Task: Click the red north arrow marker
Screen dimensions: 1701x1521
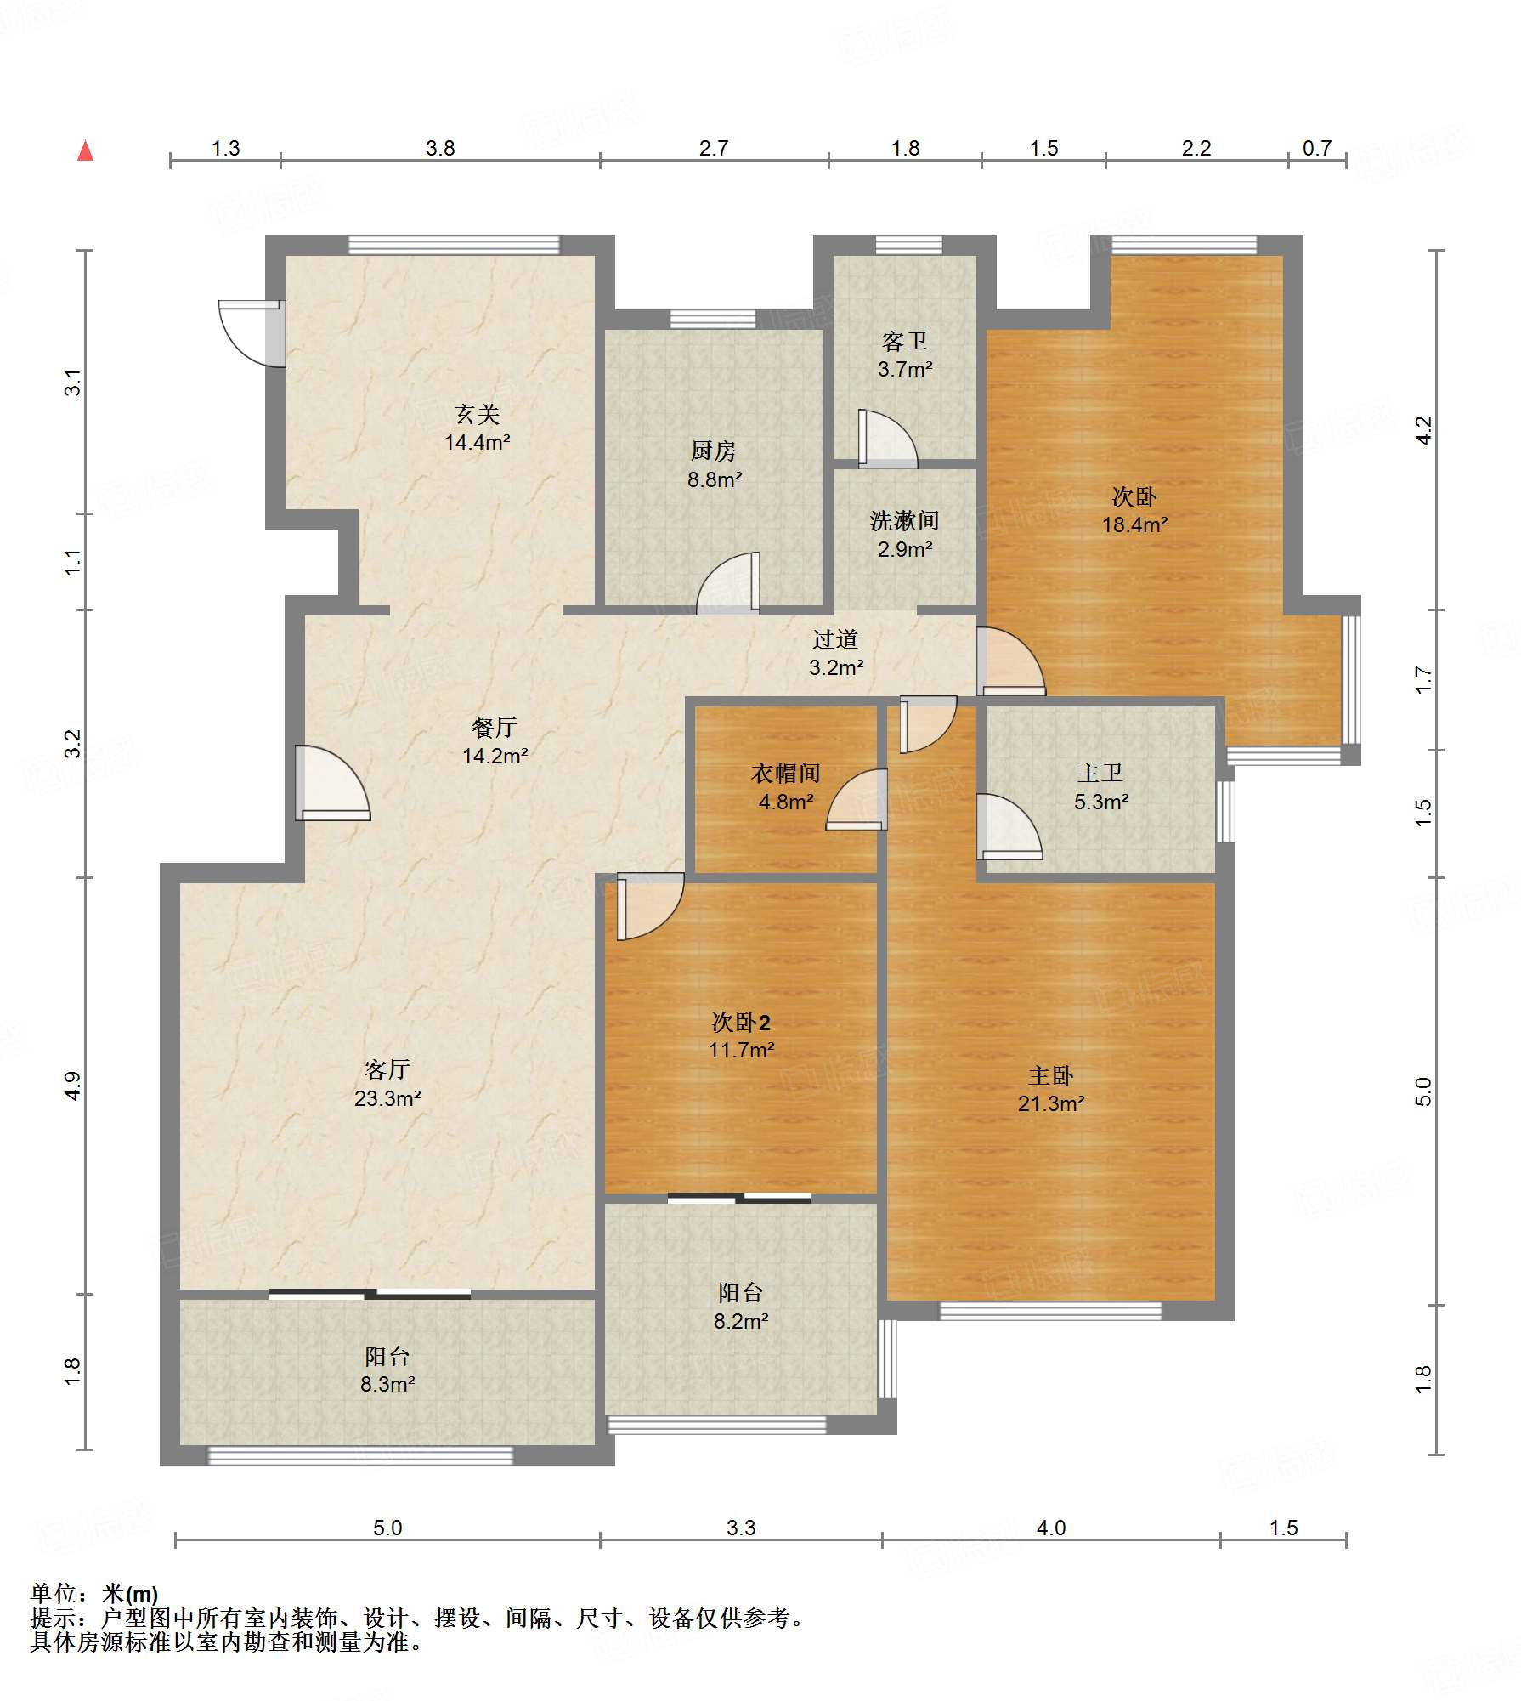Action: click(x=85, y=150)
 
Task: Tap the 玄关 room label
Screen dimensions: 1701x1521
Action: click(x=477, y=415)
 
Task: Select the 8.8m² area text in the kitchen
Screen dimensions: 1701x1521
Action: click(x=715, y=479)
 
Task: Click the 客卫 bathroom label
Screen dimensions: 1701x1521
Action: click(x=904, y=342)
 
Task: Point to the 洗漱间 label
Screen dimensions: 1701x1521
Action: click(x=904, y=520)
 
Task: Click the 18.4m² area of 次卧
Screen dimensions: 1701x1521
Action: click(x=1134, y=524)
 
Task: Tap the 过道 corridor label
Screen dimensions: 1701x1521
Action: click(x=835, y=639)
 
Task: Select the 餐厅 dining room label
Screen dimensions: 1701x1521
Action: click(x=495, y=728)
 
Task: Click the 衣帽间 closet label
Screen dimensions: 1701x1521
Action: click(x=785, y=773)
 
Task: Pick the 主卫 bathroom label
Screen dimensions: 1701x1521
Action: click(x=1100, y=773)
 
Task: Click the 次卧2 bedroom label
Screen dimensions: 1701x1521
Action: click(x=741, y=1022)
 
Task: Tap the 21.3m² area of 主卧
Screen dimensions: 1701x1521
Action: click(x=1051, y=1103)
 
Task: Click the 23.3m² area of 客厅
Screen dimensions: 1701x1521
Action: click(x=387, y=1098)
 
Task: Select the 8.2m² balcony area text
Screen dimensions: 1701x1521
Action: click(x=741, y=1321)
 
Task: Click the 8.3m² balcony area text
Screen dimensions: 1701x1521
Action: click(x=387, y=1384)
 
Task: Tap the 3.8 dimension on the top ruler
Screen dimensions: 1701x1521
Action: click(x=440, y=149)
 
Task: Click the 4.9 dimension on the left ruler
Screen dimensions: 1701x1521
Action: click(x=73, y=1086)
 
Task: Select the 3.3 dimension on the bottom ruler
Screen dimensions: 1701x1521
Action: click(x=741, y=1528)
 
